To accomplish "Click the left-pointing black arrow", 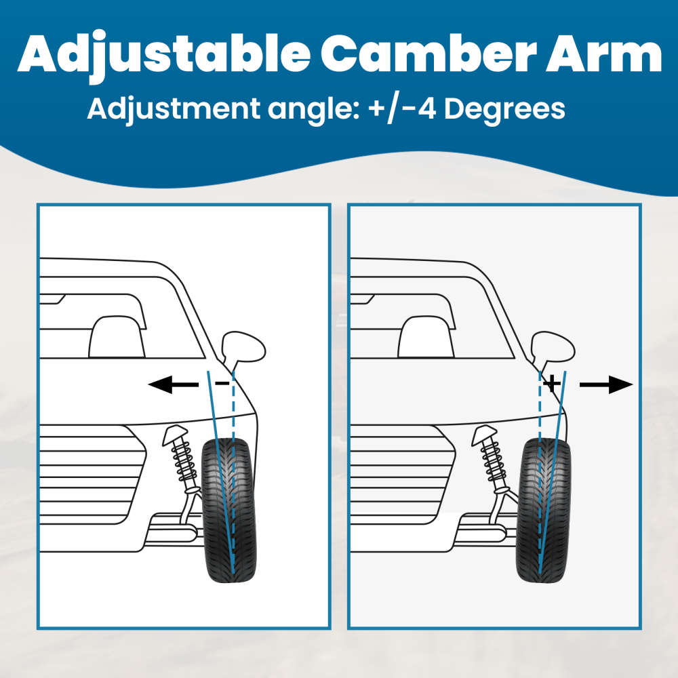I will (x=173, y=385).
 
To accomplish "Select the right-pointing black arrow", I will (x=605, y=385).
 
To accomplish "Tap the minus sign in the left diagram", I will (x=222, y=384).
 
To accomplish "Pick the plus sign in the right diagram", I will (x=553, y=384).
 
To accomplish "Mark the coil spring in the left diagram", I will (x=182, y=461).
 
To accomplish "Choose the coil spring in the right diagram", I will (x=493, y=461).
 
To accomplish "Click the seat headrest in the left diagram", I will (x=117, y=336).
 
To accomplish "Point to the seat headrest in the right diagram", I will (x=427, y=336).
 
